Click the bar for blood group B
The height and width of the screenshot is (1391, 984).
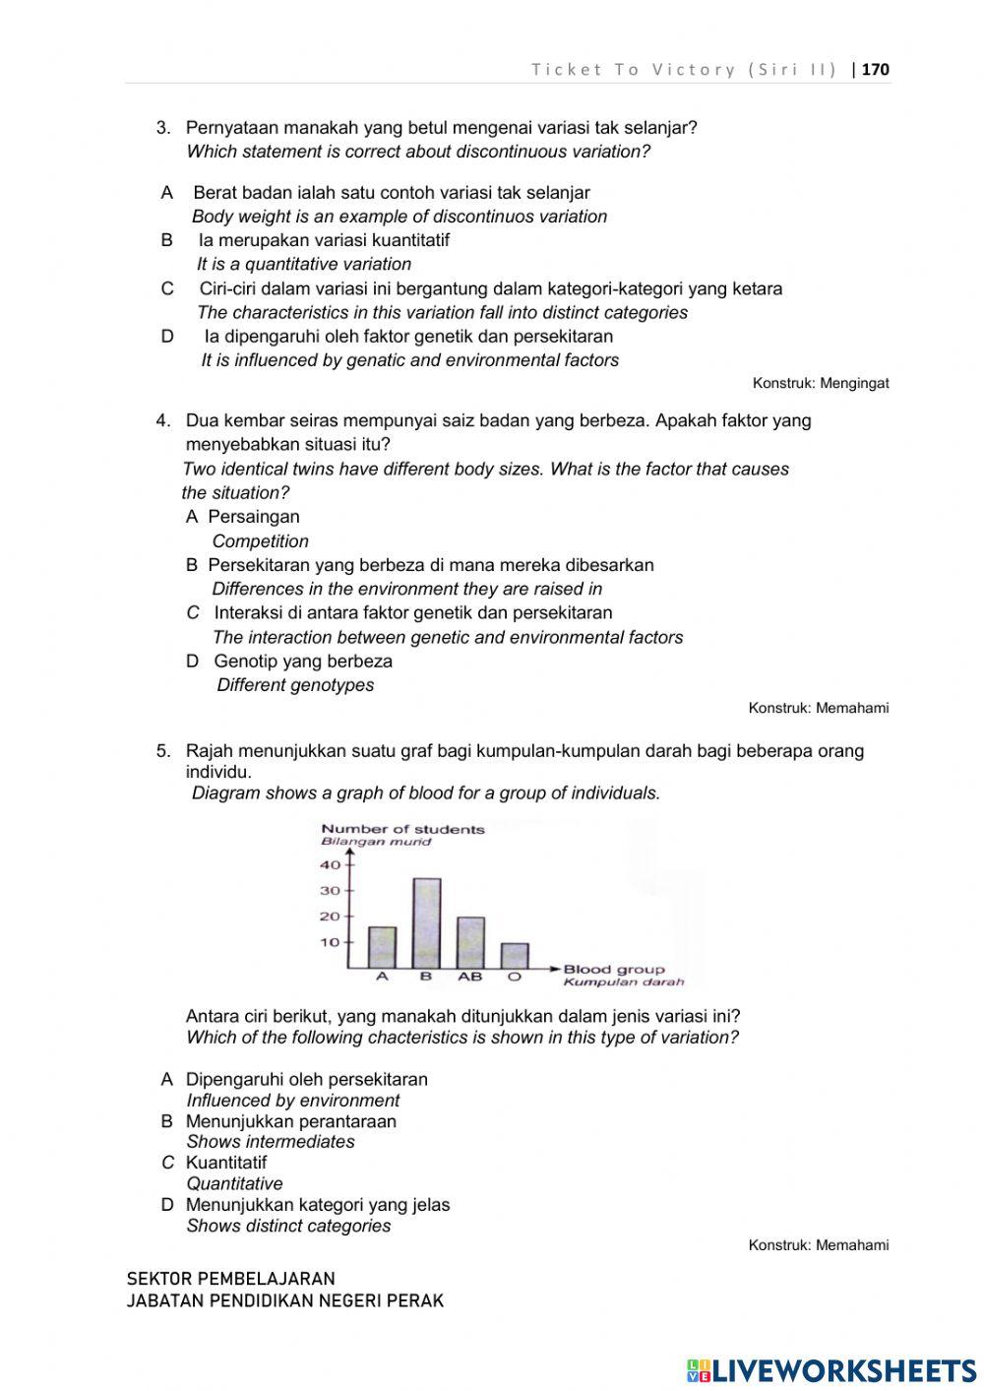pos(426,922)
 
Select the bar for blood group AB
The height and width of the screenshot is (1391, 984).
pos(470,942)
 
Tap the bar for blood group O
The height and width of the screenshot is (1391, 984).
pos(514,955)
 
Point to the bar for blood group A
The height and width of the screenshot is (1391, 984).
pos(382,947)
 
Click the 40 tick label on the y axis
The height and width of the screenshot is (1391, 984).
pos(330,865)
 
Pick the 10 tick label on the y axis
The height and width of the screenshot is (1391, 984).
pos(330,942)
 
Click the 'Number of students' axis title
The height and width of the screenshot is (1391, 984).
pos(402,829)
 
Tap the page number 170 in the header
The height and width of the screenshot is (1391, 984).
pos(875,69)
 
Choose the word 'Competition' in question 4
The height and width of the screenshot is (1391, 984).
pos(260,541)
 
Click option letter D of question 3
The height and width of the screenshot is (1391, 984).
pos(167,336)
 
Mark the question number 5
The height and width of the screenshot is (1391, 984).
pos(163,751)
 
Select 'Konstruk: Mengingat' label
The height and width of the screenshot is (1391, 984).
pos(820,383)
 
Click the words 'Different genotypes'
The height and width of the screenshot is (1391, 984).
pos(295,685)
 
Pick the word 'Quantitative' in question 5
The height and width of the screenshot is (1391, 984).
pos(234,1183)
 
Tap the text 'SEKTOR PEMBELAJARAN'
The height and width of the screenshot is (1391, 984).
pos(230,1279)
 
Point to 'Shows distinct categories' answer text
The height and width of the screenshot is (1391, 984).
pos(288,1226)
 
